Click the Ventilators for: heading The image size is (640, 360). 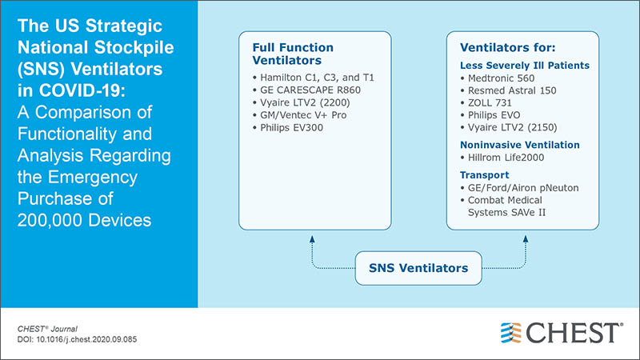click(x=501, y=49)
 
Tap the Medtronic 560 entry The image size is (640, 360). click(x=501, y=78)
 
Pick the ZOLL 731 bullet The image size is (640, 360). click(x=490, y=105)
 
